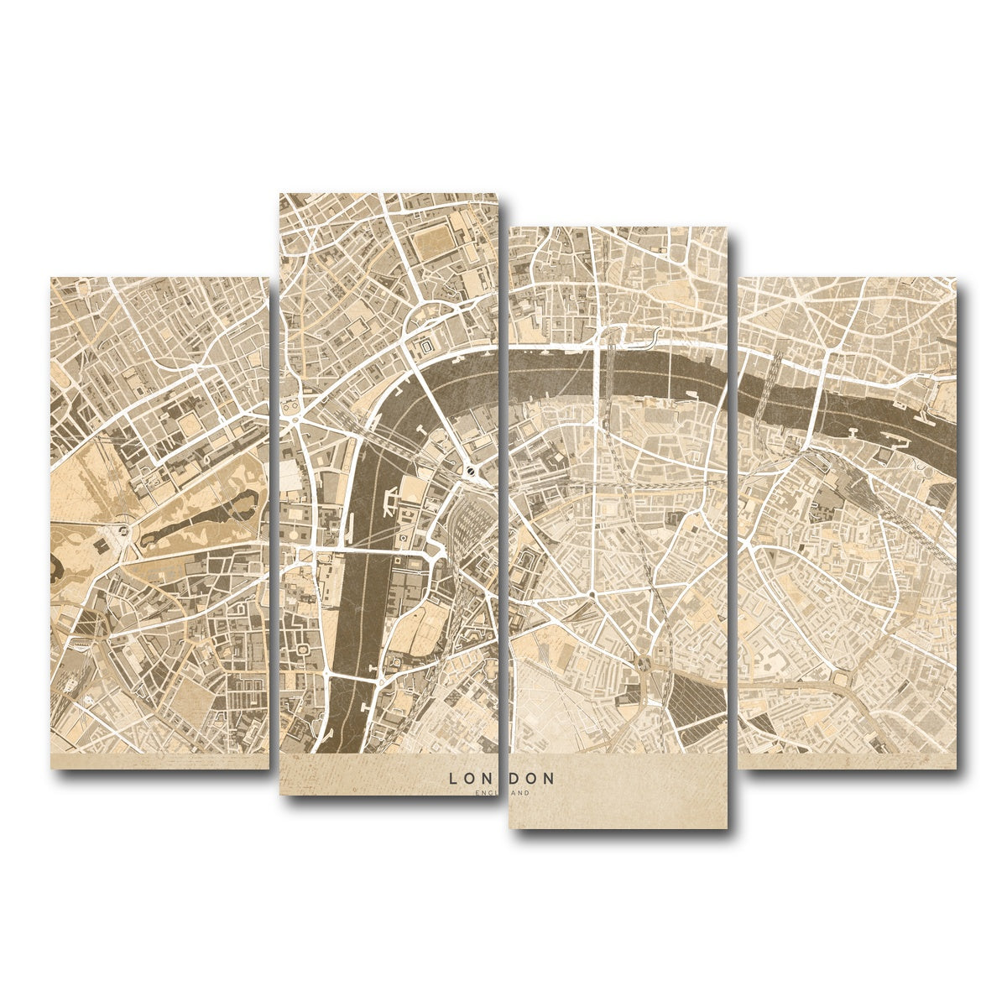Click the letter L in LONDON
click(453, 779)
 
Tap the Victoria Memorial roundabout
click(123, 530)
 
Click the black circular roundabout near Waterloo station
click(471, 472)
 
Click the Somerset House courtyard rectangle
click(426, 344)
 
